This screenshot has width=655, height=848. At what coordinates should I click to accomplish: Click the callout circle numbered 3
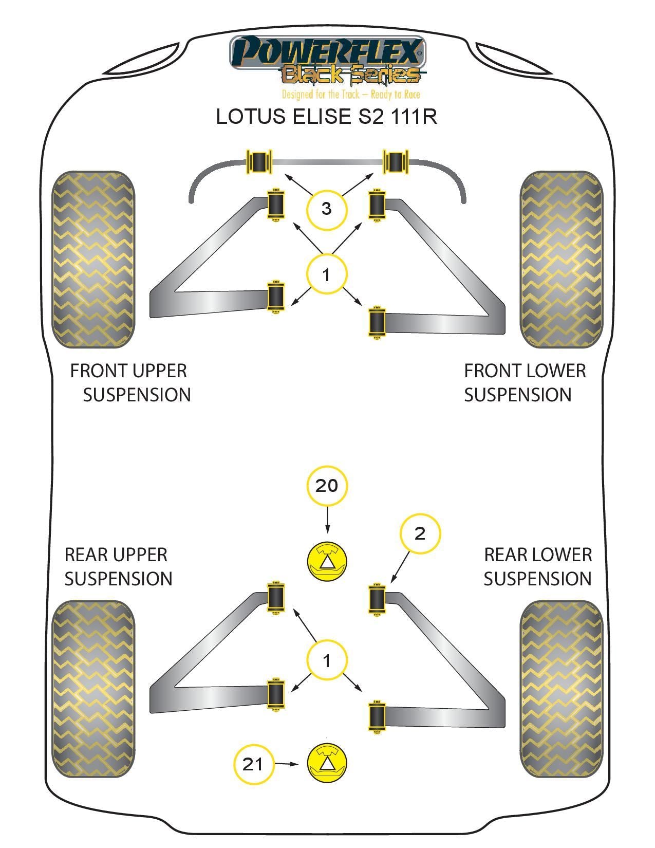point(327,209)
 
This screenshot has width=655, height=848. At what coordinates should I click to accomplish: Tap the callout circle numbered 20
point(327,486)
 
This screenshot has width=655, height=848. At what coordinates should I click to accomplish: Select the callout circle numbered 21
point(253,764)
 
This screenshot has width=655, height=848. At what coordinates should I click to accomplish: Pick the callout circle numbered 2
point(420,533)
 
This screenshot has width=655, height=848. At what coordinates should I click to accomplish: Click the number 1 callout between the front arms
point(327,274)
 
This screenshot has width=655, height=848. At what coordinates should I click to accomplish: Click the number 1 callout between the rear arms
point(327,660)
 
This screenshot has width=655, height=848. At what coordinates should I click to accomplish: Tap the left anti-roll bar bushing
point(260,161)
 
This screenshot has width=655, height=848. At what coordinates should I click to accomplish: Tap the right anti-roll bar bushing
point(396,161)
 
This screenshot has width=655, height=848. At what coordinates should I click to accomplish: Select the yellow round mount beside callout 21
point(327,763)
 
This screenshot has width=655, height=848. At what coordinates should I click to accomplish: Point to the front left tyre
point(93,260)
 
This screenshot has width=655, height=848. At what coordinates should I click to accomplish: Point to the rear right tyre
point(561,689)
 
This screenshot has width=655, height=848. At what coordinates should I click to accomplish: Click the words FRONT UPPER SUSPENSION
point(130,383)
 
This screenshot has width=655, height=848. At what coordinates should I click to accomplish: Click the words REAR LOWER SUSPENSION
point(537,567)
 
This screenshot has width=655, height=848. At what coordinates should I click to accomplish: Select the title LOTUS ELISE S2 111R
point(327,117)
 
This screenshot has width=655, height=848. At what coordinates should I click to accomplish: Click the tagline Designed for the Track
point(351,95)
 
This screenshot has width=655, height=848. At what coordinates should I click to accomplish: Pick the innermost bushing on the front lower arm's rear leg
point(378,322)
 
